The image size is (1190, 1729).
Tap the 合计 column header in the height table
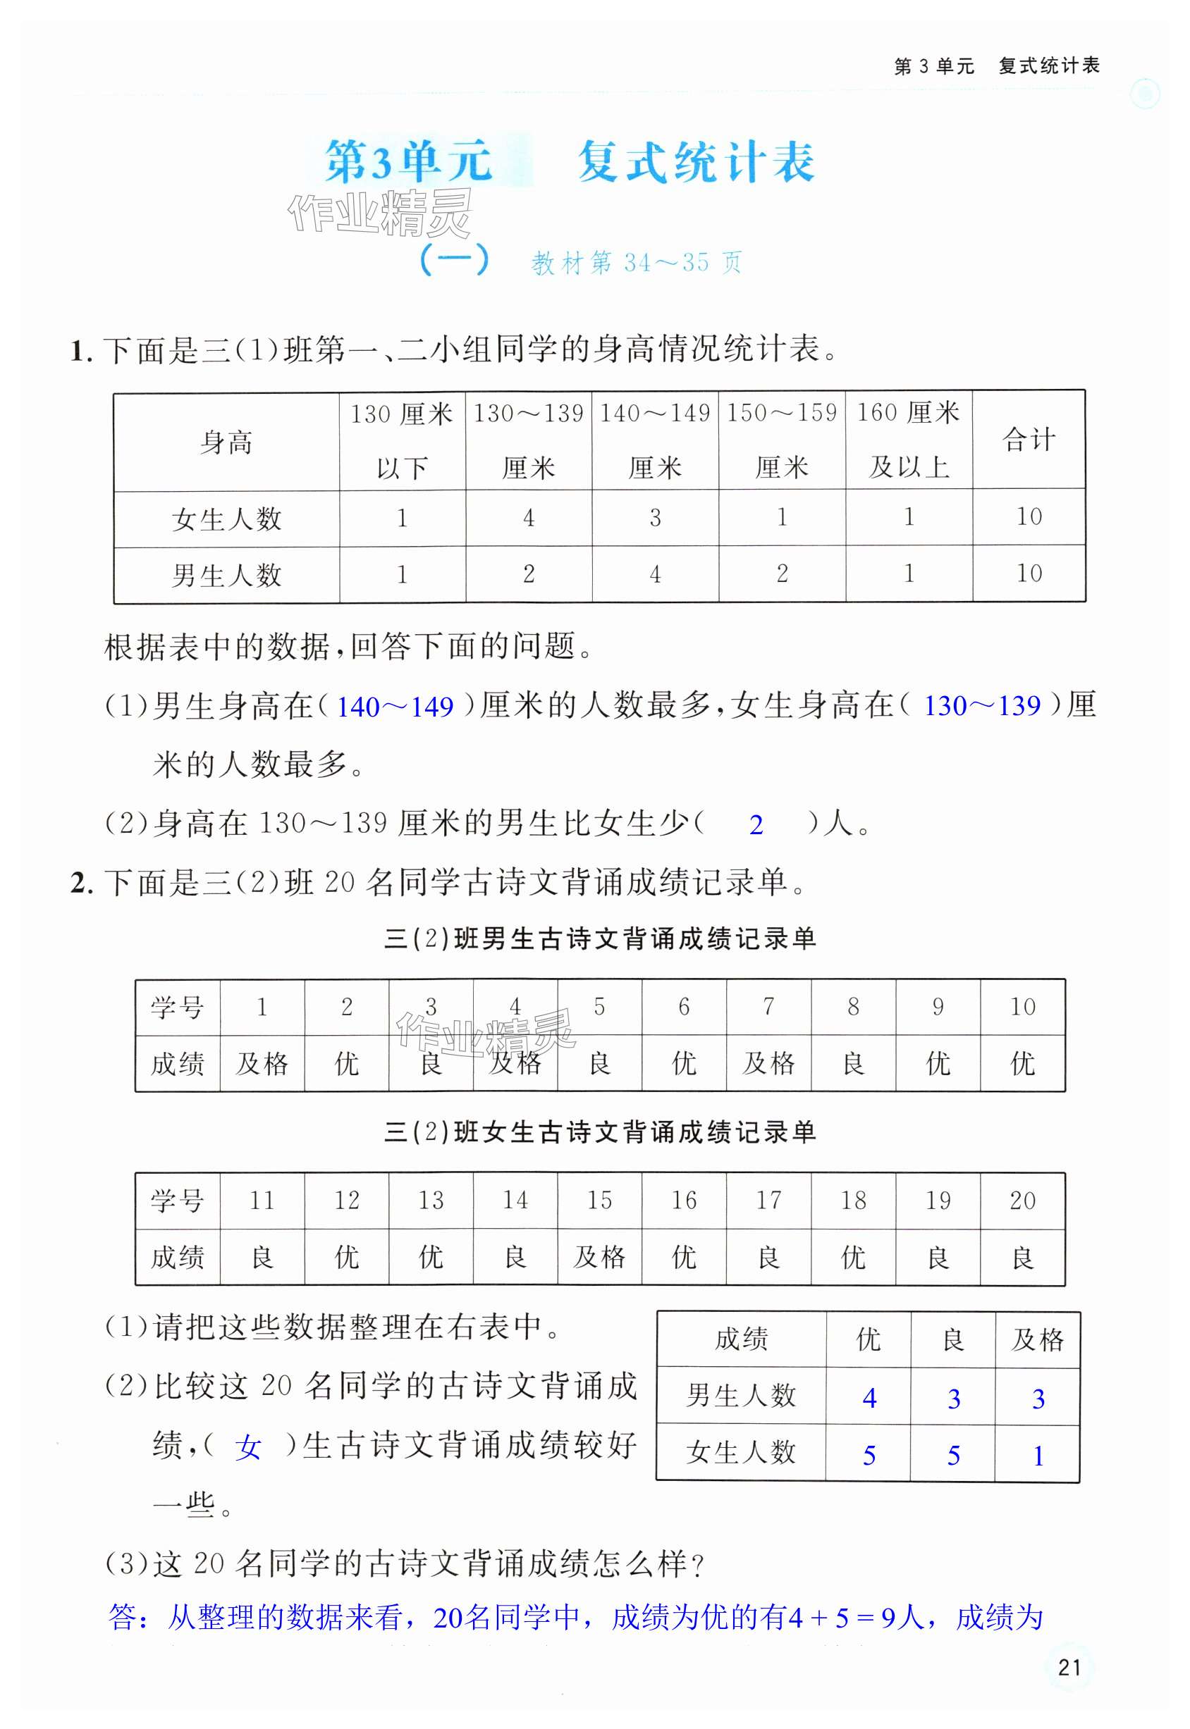1029,440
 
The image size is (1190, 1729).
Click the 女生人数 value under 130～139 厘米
529,518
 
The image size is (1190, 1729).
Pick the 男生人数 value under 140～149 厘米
655,574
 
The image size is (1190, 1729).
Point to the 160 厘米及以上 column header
908,440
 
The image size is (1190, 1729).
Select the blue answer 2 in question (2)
756,824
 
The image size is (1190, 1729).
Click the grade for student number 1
262,1063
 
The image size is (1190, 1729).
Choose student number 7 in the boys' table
768,1007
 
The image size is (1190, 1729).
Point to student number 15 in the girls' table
599,1201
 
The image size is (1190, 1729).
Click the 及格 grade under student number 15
599,1257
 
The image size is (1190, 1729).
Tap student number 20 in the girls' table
1022,1201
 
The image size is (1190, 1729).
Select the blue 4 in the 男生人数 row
869,1398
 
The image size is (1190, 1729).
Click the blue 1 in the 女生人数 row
1038,1456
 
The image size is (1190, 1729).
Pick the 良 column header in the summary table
953,1340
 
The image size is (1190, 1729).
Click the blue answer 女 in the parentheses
247,1447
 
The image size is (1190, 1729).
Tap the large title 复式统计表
696,162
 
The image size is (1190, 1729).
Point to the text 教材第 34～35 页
636,262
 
